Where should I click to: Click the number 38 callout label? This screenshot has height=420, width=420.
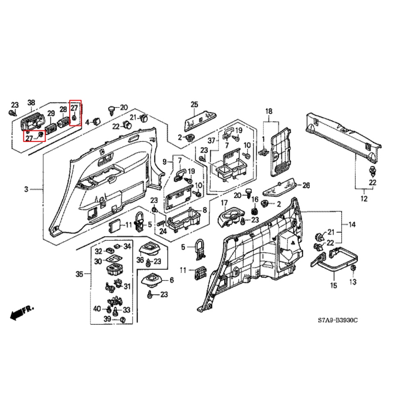31,103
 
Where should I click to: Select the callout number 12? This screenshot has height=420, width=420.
364,199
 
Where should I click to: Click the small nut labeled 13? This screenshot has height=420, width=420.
353,269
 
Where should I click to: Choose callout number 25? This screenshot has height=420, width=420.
194,104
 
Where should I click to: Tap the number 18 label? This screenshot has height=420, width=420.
269,111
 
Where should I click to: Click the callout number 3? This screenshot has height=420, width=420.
26,189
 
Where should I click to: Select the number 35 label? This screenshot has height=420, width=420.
80,274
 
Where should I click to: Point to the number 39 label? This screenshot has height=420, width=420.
107,319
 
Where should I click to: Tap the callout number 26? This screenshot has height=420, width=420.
306,185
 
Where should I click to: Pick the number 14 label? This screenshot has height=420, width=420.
352,224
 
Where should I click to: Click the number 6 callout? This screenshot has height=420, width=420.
171,280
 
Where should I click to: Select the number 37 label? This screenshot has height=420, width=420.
212,141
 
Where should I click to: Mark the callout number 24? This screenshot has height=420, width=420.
163,231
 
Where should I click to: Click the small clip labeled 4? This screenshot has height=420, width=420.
97,121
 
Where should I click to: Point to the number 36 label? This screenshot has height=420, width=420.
140,260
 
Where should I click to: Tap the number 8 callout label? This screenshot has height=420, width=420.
204,210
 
